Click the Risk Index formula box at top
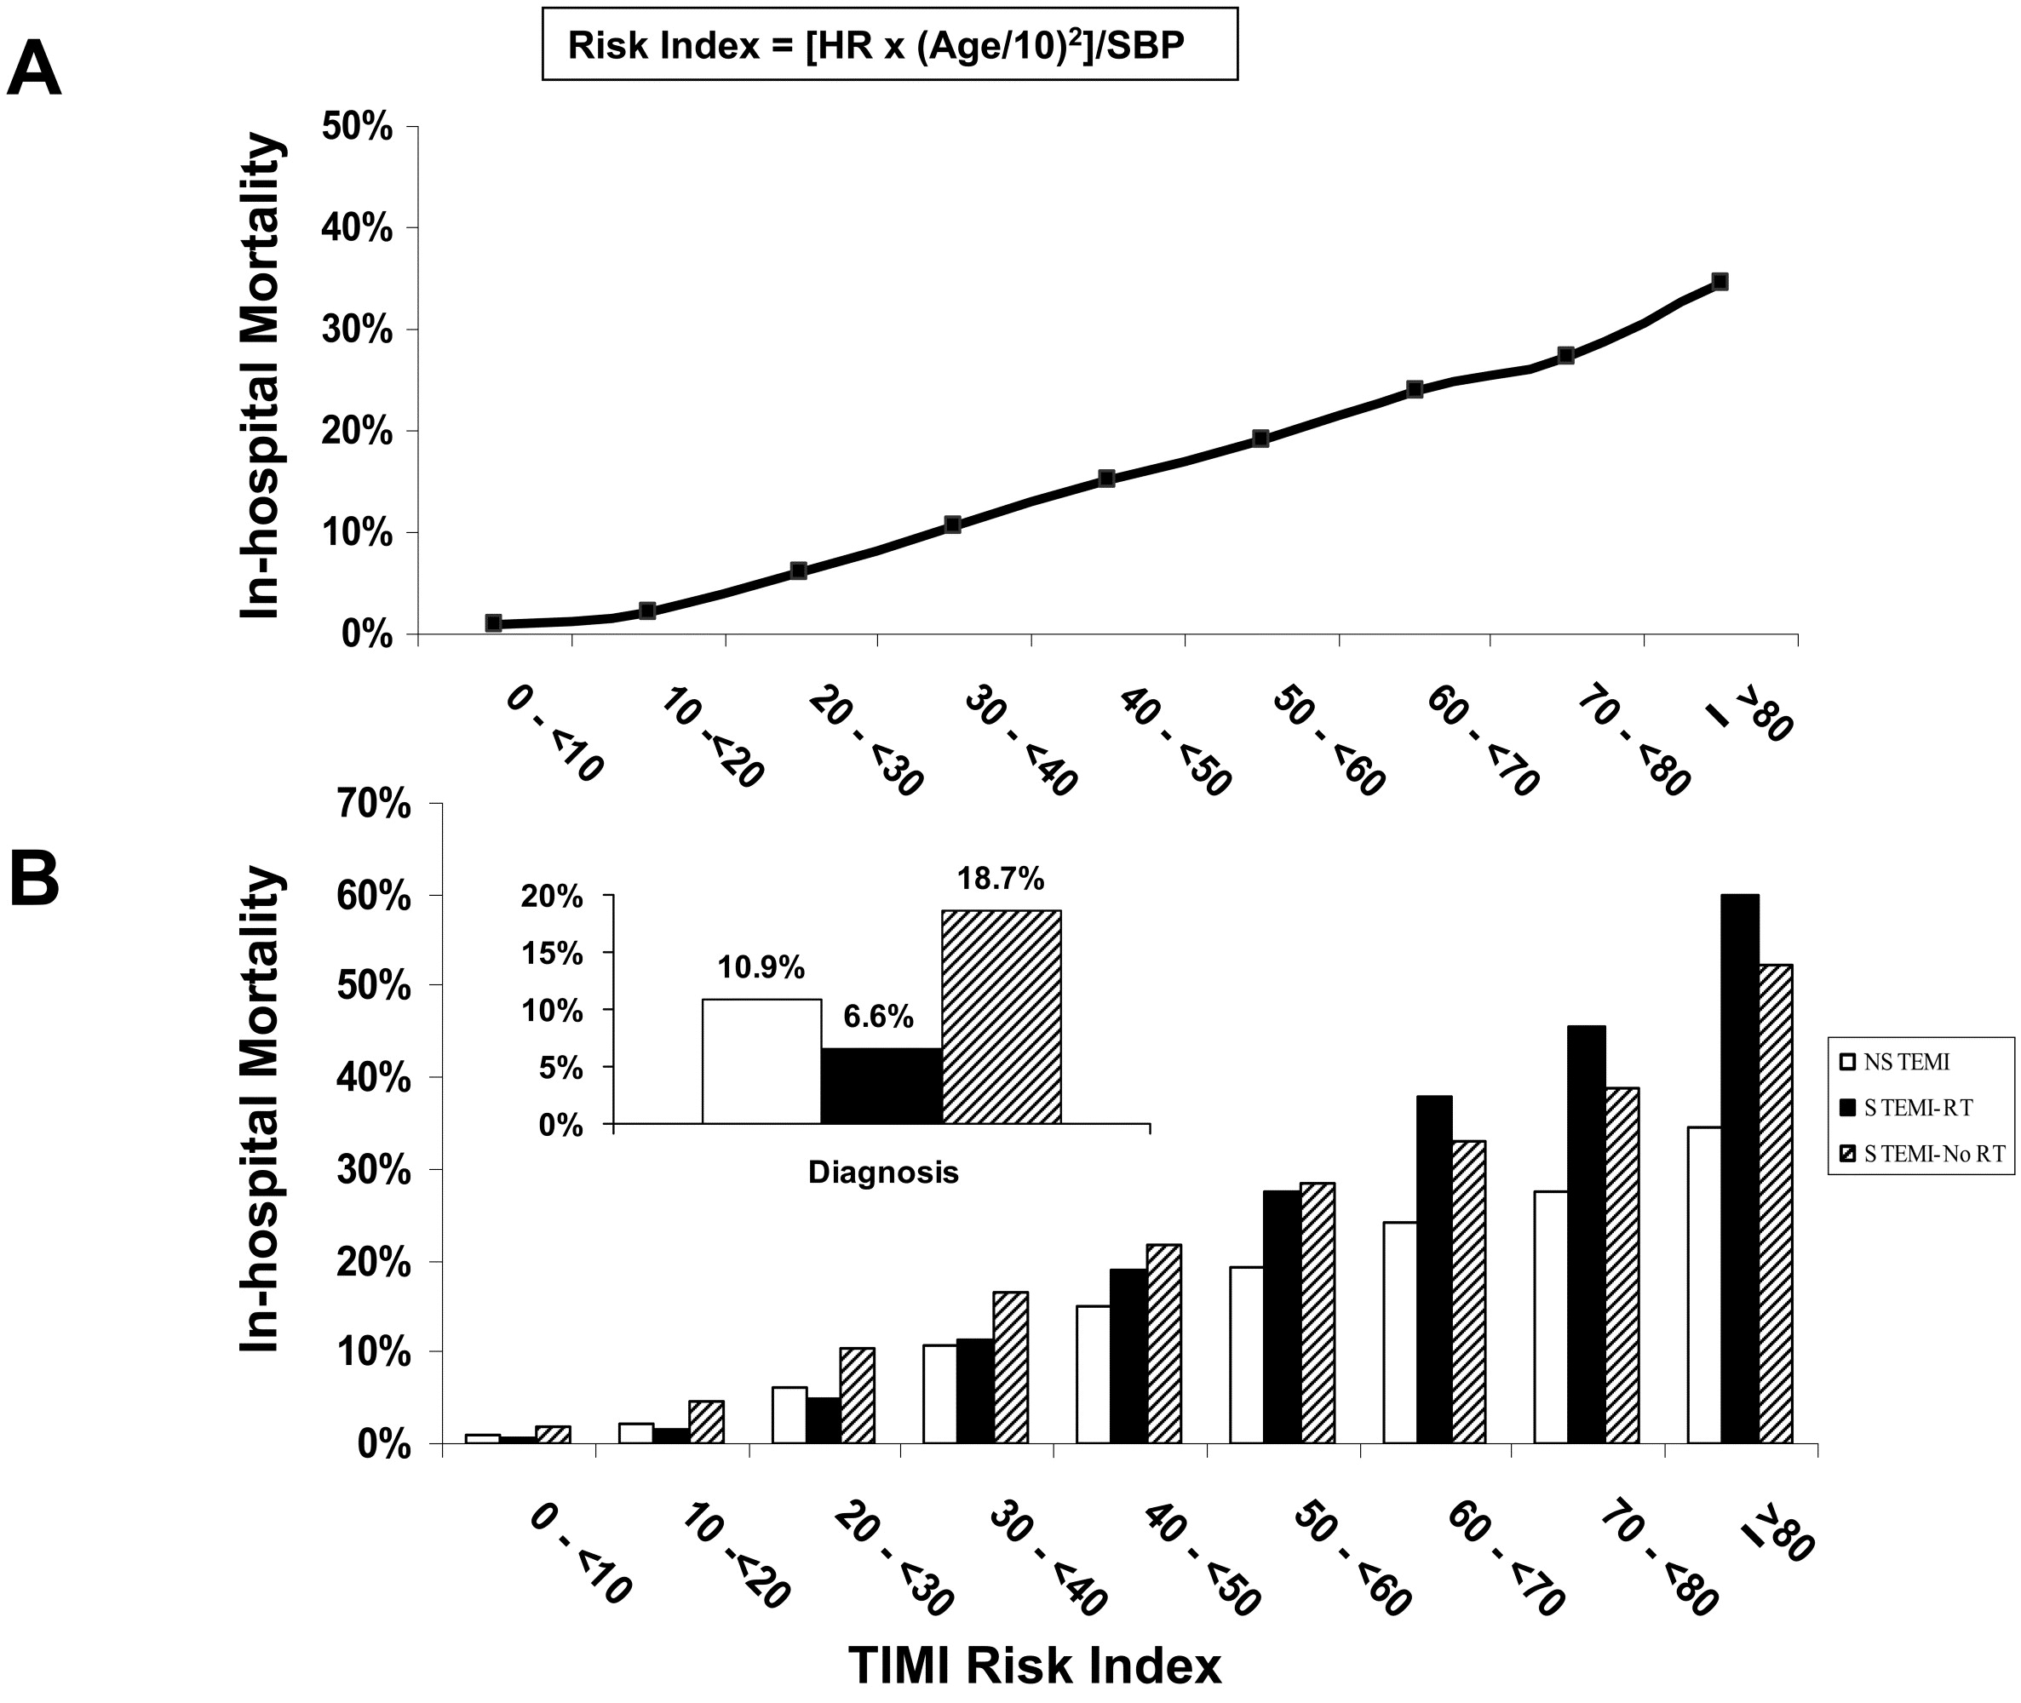pos(888,44)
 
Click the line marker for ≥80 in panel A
pos(1719,282)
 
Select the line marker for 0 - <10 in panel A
pos(493,622)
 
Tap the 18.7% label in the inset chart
pos(1001,879)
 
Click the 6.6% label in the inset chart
pos(878,1017)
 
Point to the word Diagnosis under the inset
pos(882,1172)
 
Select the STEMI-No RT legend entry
pos(1922,1154)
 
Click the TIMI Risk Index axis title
pos(1034,1666)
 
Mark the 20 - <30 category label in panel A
pos(865,741)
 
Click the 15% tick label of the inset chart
pos(553,954)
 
